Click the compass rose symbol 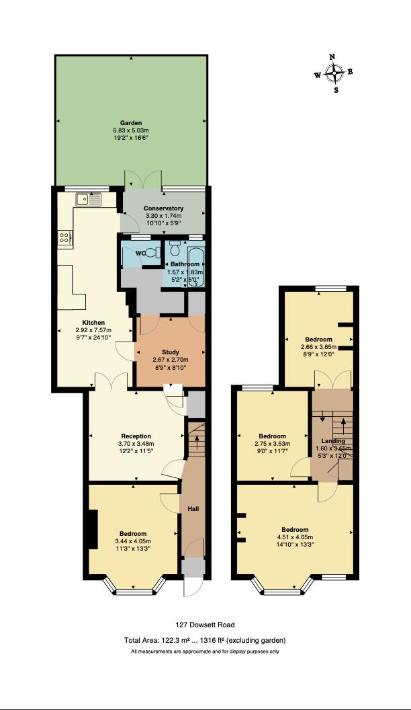[x=334, y=73]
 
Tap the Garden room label [x=131, y=123]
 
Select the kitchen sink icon [x=89, y=199]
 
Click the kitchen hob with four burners [x=66, y=237]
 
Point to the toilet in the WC [x=153, y=253]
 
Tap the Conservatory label [x=164, y=208]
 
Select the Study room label [x=171, y=352]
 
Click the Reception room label [x=136, y=436]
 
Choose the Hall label [x=193, y=509]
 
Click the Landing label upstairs [x=333, y=441]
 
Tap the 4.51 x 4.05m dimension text [x=295, y=537]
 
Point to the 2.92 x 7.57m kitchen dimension [x=93, y=330]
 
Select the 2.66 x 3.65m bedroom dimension [x=318, y=347]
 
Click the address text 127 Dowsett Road [x=205, y=625]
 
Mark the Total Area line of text [x=205, y=640]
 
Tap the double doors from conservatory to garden [x=142, y=178]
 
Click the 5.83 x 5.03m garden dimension [x=131, y=130]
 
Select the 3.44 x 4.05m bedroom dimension [x=133, y=541]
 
